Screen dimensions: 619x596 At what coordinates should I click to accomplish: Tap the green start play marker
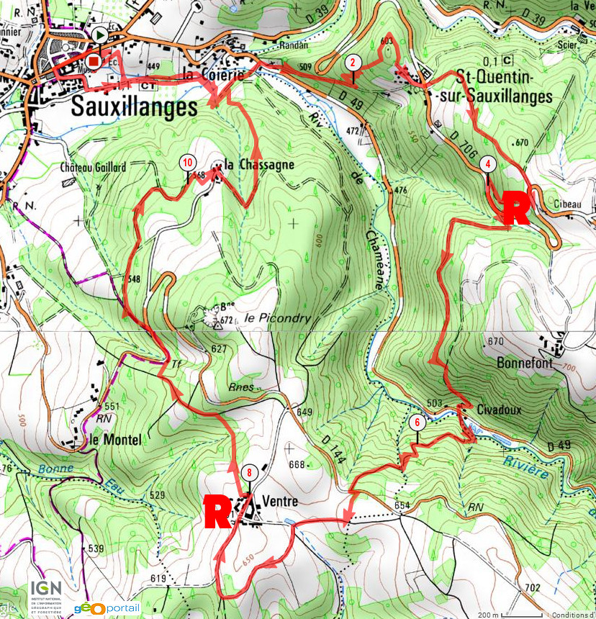[x=100, y=35]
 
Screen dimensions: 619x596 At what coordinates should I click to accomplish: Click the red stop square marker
[x=94, y=63]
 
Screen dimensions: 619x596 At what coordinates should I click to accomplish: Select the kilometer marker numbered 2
[x=352, y=62]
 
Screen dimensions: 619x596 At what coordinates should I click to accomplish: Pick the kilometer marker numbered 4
[x=488, y=163]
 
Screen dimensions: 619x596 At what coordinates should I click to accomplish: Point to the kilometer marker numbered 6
[x=415, y=423]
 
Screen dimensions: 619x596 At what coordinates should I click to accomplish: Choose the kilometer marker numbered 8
[x=249, y=473]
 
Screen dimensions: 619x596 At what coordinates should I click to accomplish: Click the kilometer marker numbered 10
[x=187, y=163]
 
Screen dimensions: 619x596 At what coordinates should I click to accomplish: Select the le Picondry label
[x=266, y=317]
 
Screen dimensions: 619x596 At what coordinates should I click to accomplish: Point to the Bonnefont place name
[x=525, y=363]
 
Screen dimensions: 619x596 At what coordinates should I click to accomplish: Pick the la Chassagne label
[x=258, y=165]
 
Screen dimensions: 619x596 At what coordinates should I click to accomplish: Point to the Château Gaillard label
[x=94, y=167]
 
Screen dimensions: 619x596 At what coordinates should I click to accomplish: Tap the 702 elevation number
[x=532, y=588]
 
